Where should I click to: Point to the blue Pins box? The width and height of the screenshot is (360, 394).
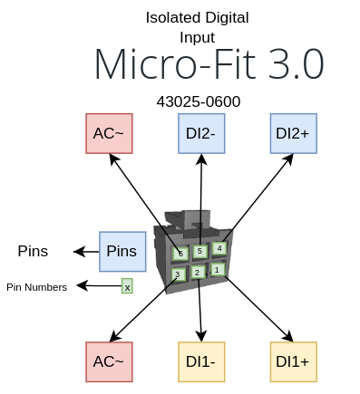point(122,251)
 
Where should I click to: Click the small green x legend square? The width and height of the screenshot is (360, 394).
point(127,286)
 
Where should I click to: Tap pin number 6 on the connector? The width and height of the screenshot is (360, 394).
point(181,253)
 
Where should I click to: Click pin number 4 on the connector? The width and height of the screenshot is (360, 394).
point(219,246)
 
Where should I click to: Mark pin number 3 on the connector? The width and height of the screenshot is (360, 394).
point(179,274)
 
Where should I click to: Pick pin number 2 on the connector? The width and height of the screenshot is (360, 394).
point(197,272)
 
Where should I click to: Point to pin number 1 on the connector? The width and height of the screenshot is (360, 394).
point(217,269)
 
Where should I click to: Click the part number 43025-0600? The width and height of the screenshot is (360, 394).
point(199,101)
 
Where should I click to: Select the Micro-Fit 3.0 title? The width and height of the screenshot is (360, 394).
point(209,65)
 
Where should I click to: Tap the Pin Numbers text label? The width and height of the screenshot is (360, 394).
point(36,287)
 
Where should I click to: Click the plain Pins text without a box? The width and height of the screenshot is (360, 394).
point(33,251)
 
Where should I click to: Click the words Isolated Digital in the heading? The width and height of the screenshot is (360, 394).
point(197,17)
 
